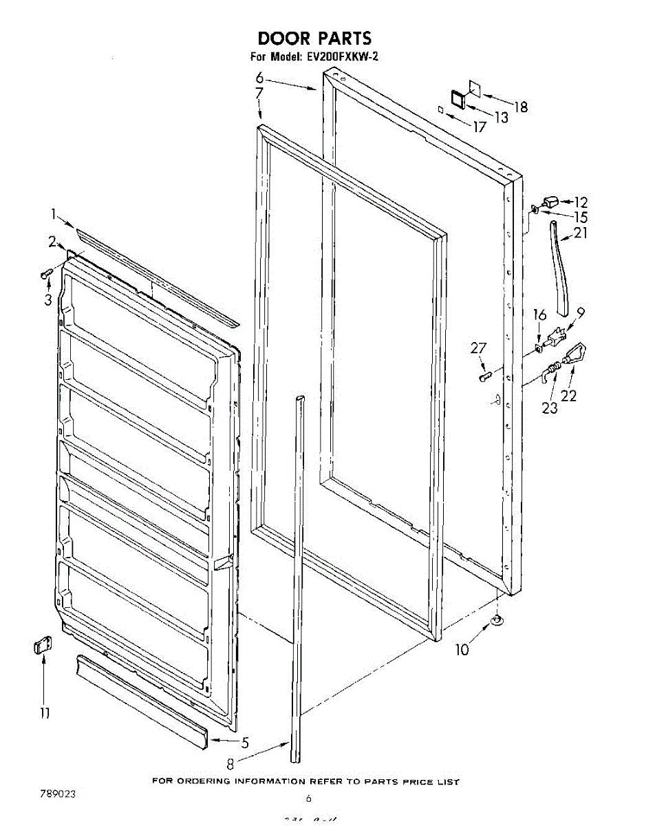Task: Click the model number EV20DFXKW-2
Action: click(342, 57)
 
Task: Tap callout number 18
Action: click(521, 107)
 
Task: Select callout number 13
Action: click(501, 118)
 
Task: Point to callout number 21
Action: click(581, 233)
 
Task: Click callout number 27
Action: click(478, 349)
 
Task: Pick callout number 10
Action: click(462, 649)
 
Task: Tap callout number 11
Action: click(44, 714)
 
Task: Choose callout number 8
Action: click(231, 763)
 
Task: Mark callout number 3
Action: click(48, 300)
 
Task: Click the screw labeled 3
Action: click(47, 274)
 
